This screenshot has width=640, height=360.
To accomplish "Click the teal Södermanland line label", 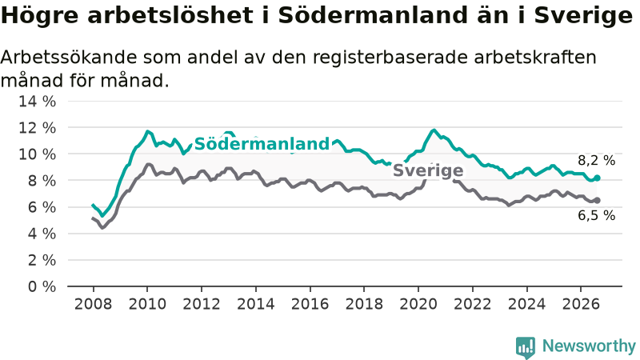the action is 262,144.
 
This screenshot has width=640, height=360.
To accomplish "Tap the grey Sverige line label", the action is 428,170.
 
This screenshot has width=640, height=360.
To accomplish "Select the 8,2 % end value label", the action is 596,161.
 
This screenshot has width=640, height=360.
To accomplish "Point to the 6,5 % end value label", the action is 596,215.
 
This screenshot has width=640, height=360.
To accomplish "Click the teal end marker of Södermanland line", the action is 597,178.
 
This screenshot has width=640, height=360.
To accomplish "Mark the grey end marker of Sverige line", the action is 597,200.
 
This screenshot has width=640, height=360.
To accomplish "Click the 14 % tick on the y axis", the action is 37,102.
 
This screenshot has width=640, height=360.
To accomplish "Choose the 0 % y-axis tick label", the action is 42,286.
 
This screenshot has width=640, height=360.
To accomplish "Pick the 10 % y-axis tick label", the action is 37,154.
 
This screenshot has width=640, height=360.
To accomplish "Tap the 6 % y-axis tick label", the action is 42,207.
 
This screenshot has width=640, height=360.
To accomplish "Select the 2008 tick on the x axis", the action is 93,304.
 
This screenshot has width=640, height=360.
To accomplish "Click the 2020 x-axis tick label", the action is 418,304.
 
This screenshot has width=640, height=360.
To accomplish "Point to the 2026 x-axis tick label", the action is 581,304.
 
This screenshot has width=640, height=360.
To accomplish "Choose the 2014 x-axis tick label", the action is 256,304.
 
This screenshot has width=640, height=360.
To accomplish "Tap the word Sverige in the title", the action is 583,16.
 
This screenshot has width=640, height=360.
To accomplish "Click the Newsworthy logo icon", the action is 526,347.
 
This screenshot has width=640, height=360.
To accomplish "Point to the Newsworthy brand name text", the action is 589,346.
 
